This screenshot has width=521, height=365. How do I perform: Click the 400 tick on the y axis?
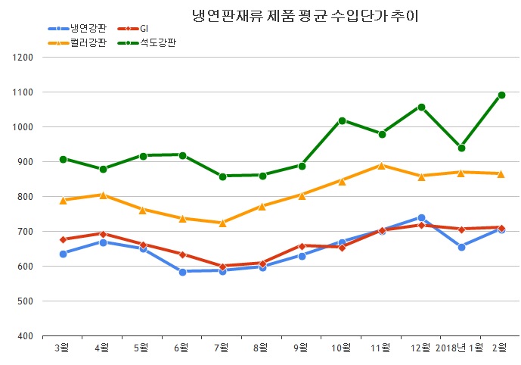pos(25,336)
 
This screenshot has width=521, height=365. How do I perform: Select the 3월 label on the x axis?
pos(63,348)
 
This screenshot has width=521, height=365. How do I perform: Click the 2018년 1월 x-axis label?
pos(461,348)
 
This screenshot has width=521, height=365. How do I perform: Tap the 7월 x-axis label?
pos(222,348)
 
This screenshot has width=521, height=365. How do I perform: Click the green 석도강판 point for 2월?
pos(501,95)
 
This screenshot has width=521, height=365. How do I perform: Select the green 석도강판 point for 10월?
pos(342,120)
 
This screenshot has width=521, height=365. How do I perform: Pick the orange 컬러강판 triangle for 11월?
pos(382,165)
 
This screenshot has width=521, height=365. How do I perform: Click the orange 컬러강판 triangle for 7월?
pos(222,223)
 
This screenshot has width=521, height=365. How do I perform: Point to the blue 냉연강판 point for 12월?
pos(422,218)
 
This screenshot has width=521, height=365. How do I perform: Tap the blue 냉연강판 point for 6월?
pos(182,271)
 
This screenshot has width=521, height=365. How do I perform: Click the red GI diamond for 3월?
pos(63,239)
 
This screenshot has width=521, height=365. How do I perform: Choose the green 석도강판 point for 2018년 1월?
pos(461,148)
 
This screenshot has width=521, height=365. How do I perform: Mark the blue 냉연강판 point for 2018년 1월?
pos(461,247)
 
